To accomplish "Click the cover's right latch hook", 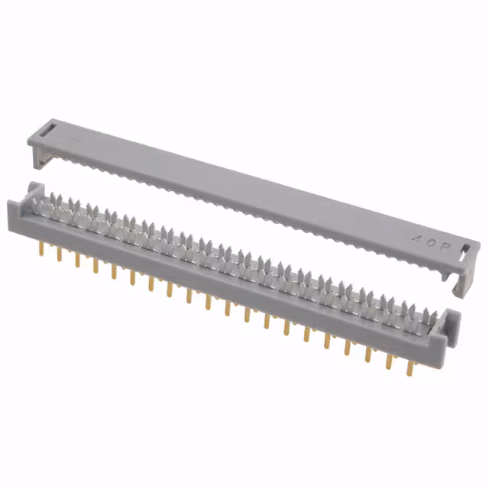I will point(462,284).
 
